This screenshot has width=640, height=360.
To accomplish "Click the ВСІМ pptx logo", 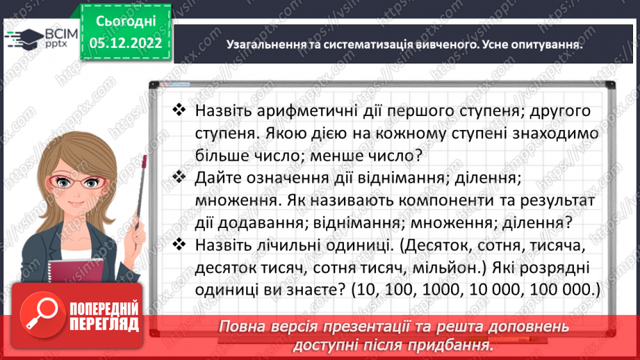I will (x=36, y=35).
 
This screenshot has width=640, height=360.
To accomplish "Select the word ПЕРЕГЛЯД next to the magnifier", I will (x=104, y=324).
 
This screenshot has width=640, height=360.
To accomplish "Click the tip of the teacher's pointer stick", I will (x=145, y=159).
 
